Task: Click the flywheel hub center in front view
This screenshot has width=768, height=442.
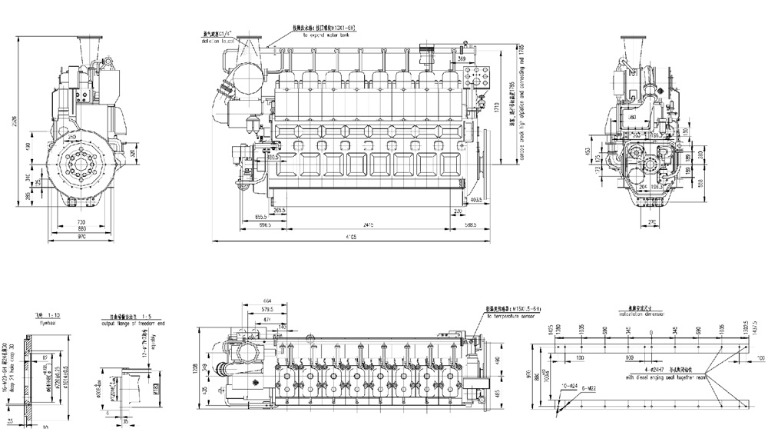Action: point(81,164)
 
